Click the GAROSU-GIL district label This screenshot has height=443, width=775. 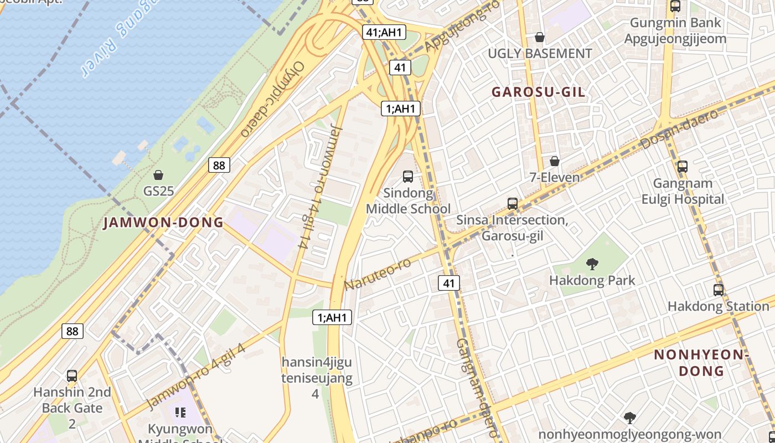tap(538, 92)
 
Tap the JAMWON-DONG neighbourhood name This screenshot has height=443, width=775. tap(164, 223)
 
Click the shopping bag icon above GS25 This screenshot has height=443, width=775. tap(158, 176)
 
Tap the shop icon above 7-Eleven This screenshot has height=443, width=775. tap(554, 161)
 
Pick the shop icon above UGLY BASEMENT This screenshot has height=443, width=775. tap(540, 37)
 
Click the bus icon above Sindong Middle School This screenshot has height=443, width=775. tap(408, 177)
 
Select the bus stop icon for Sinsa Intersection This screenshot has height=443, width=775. tap(513, 203)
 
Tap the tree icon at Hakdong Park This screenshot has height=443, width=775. tap(592, 264)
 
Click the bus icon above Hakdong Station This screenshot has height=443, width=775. tap(719, 290)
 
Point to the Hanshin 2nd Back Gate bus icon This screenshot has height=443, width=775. tap(72, 376)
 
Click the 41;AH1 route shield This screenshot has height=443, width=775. tap(383, 32)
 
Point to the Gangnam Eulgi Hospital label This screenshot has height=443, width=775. tap(683, 191)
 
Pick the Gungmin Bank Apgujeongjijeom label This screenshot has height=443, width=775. tap(675, 30)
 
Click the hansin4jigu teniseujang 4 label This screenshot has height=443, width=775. tap(316, 378)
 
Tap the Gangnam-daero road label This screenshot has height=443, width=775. tap(477, 388)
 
